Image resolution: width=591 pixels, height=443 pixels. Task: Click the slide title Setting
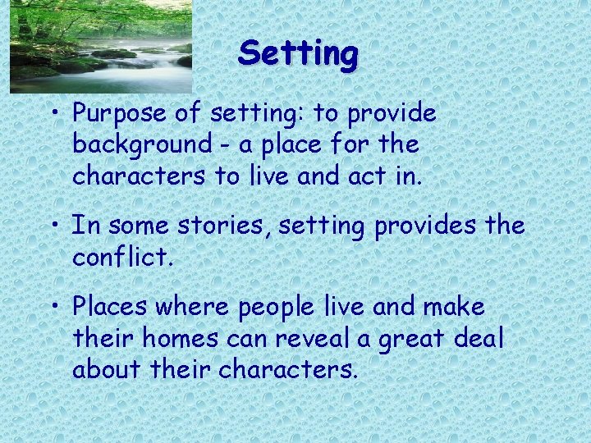[x=298, y=54]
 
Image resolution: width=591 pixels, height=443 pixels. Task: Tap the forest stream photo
[x=100, y=45]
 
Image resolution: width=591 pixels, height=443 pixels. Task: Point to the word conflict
[x=123, y=258]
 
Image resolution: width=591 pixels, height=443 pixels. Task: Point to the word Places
[x=112, y=308]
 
